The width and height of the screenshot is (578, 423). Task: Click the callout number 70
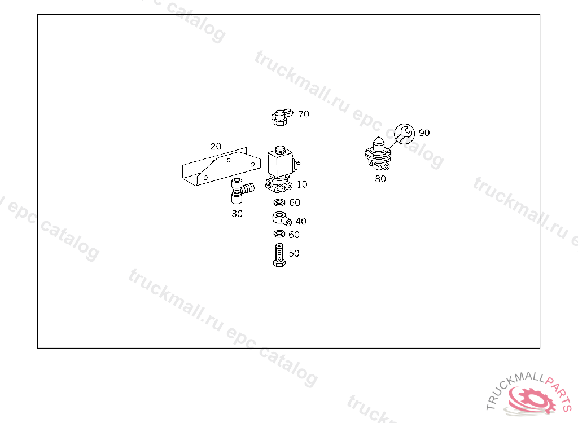304,114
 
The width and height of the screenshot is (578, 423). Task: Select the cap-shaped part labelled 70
282,117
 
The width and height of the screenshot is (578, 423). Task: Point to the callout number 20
216,146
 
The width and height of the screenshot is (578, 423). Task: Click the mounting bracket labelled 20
221,167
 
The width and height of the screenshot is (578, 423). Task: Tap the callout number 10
302,184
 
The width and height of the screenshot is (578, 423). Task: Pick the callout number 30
237,214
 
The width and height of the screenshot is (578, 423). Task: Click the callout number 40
301,221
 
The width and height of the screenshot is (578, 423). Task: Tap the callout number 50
294,253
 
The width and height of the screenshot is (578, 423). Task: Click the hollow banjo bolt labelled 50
279,255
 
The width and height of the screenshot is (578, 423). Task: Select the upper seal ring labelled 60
279,202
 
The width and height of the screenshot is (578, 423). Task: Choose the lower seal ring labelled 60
279,234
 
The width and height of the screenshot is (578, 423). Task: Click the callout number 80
380,179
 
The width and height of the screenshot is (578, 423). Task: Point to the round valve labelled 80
378,155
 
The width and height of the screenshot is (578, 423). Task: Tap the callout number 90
424,133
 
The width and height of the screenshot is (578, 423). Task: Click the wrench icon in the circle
404,134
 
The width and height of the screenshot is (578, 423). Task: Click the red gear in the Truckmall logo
532,400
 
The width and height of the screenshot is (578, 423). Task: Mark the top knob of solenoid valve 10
281,149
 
